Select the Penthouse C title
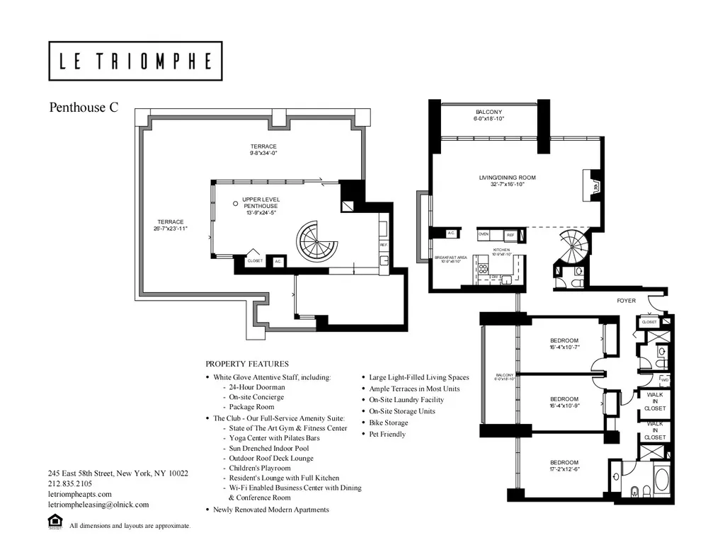(x=84, y=108)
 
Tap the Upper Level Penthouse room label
(x=261, y=206)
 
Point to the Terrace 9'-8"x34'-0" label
(x=263, y=149)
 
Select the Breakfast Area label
(x=451, y=259)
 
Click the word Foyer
(x=626, y=301)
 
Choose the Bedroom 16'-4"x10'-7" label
(x=564, y=344)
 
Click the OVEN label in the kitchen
(x=484, y=234)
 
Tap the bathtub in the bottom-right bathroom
(x=661, y=479)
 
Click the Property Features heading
(x=246, y=364)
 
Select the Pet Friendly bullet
(x=387, y=434)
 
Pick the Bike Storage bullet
(x=388, y=422)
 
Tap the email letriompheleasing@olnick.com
(x=98, y=505)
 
